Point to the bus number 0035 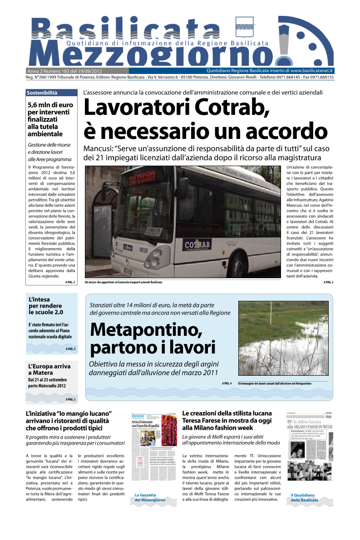coord(143,263)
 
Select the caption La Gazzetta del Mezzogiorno coord(149,497)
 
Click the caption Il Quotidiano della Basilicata coord(304,497)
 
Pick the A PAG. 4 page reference coord(227,383)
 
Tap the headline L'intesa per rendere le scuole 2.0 coord(45,306)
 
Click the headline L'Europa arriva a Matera coord(49,369)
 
